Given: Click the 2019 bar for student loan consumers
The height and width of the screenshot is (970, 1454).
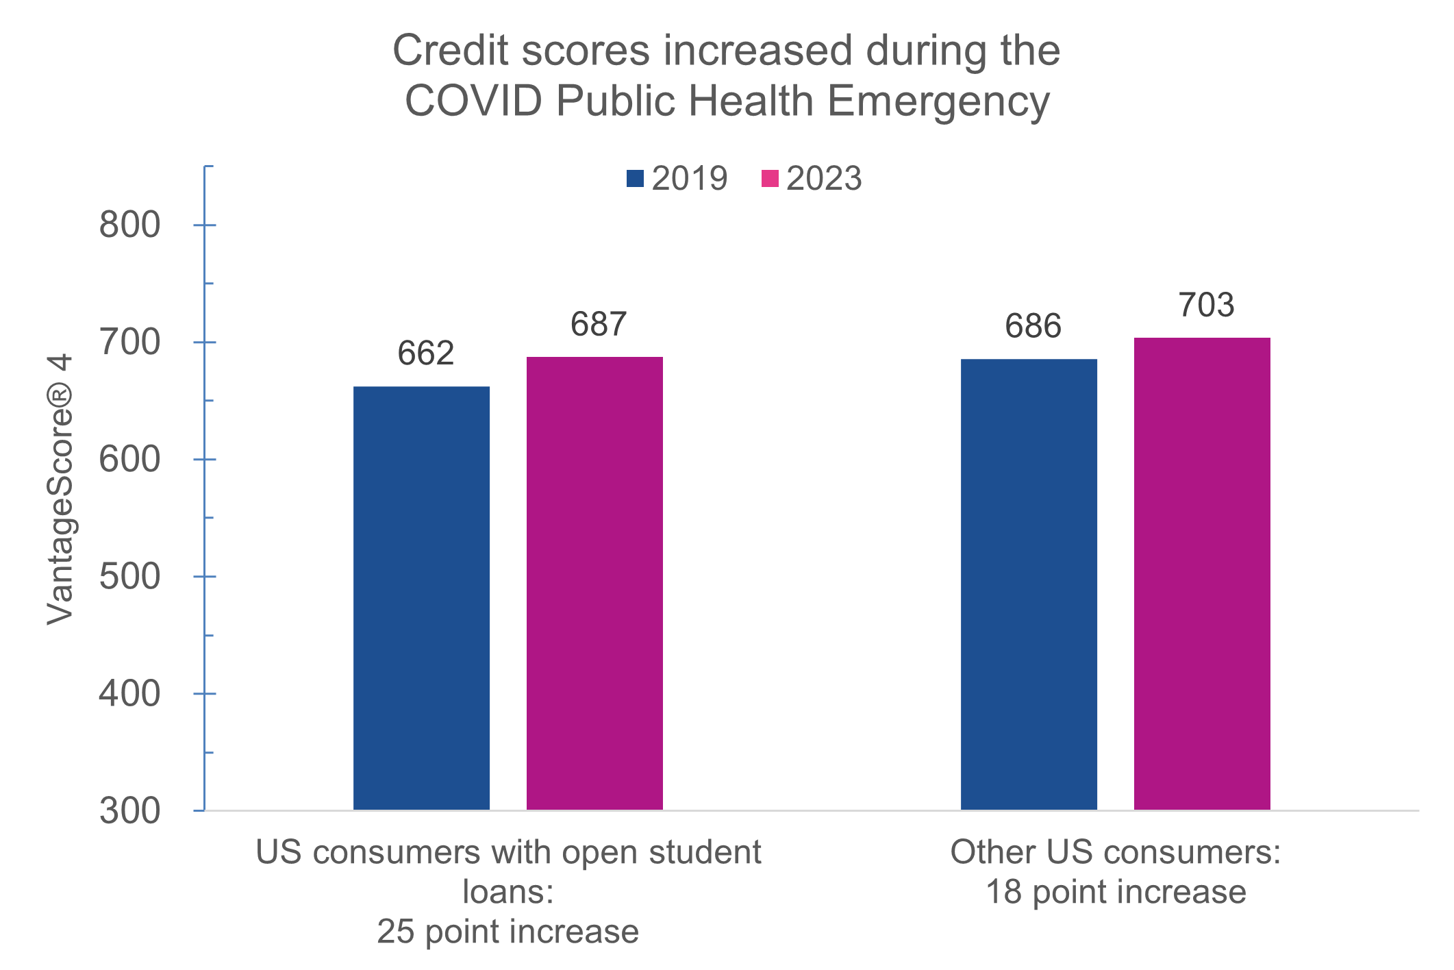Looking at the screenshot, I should (x=421, y=597).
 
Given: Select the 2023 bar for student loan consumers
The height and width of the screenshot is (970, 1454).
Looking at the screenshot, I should (x=594, y=583).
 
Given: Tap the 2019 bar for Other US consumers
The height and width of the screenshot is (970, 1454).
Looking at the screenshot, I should (x=1029, y=584).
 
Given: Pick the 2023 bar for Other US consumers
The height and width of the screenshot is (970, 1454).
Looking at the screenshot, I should (x=1202, y=573).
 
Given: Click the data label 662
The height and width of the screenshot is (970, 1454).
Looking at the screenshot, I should (x=425, y=353).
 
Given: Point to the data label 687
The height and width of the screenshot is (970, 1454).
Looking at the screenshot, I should (x=599, y=324).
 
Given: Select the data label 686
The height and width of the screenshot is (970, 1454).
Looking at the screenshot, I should (x=1033, y=326).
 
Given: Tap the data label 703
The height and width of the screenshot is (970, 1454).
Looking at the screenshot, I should (x=1206, y=305).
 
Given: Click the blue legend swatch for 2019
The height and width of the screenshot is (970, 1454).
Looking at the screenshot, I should (x=635, y=179).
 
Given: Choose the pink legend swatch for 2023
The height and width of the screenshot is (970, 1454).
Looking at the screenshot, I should (x=770, y=179).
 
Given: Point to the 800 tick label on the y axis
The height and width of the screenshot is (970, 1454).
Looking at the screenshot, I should (x=130, y=225).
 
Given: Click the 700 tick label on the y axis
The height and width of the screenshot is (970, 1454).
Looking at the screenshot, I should (x=130, y=343).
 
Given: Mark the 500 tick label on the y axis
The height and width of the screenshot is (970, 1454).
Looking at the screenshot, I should (x=130, y=577).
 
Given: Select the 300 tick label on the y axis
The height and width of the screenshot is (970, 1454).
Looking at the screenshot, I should (x=130, y=811).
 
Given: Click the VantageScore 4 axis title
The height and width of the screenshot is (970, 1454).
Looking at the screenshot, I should (x=60, y=488).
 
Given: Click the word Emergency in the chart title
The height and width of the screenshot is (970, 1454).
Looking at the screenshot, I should (x=938, y=101).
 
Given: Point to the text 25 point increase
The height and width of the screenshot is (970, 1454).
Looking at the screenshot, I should (x=507, y=932).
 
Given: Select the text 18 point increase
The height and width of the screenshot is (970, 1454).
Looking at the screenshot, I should (x=1116, y=892).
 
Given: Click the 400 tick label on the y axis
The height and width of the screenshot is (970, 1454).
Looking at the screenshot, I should (x=130, y=694).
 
